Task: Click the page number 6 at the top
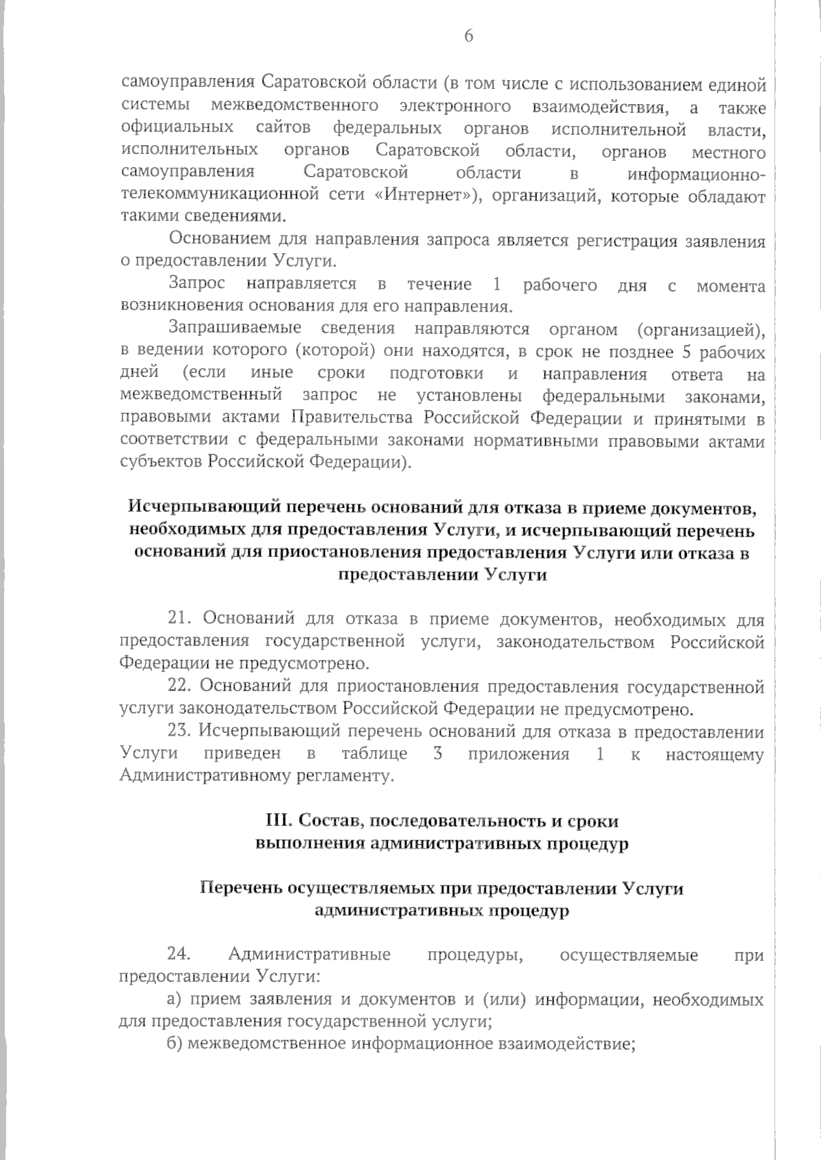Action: (469, 37)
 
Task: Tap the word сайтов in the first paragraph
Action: (283, 129)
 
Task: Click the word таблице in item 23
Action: (374, 754)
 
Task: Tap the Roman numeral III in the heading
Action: (276, 821)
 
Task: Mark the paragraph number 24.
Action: (179, 955)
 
